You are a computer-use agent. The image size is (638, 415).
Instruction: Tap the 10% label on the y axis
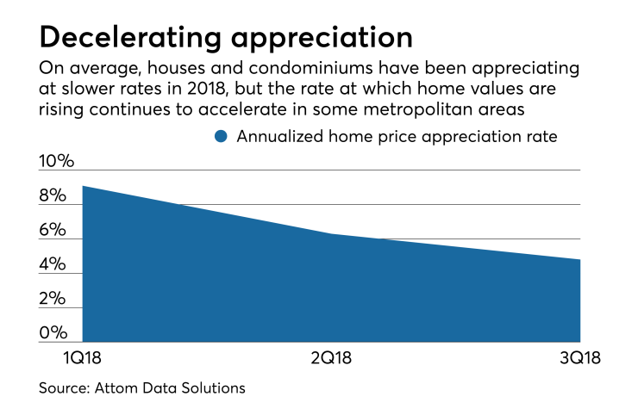click(x=57, y=162)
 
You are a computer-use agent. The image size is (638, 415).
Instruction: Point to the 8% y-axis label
click(x=53, y=196)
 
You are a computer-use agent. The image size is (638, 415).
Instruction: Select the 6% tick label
click(x=53, y=231)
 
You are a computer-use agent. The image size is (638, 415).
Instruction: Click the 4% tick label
click(x=53, y=265)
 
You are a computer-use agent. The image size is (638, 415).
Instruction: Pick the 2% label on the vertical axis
click(x=53, y=299)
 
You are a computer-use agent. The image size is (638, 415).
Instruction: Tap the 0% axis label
click(x=53, y=333)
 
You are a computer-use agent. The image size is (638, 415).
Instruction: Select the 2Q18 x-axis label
click(x=330, y=356)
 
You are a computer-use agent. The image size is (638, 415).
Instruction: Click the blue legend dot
click(x=221, y=136)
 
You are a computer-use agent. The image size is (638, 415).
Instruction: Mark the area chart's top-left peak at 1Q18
click(x=83, y=187)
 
